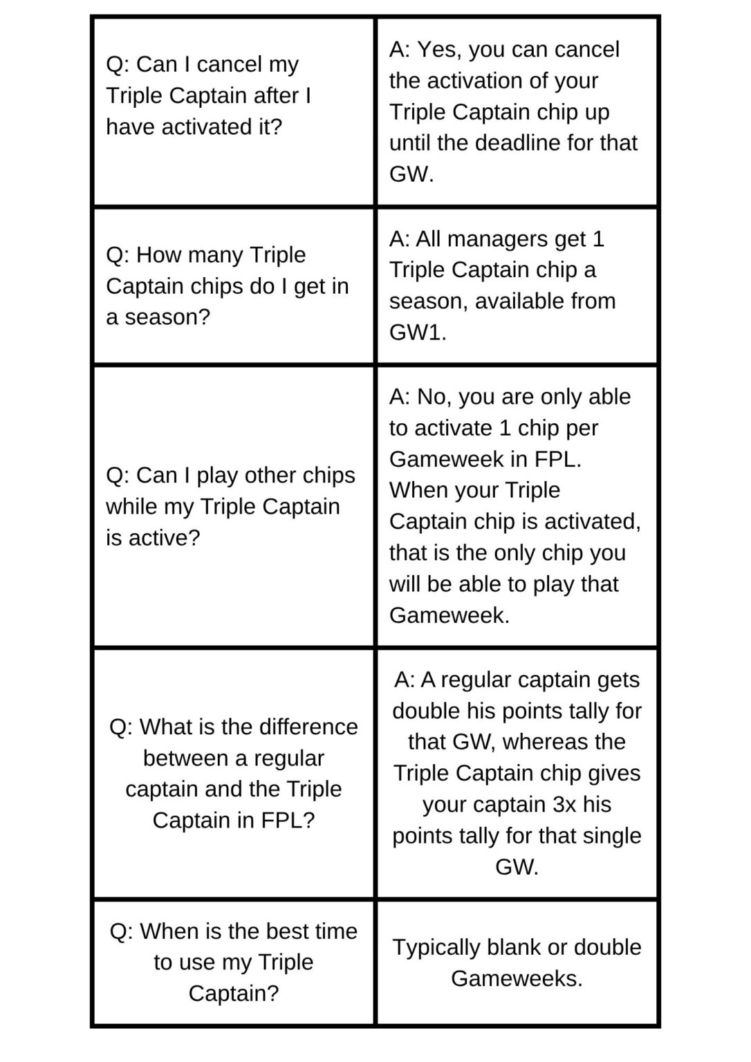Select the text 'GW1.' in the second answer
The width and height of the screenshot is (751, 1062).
point(418,333)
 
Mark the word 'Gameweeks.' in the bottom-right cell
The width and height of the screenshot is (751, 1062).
point(517,978)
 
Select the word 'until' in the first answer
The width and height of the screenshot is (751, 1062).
point(409,143)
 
